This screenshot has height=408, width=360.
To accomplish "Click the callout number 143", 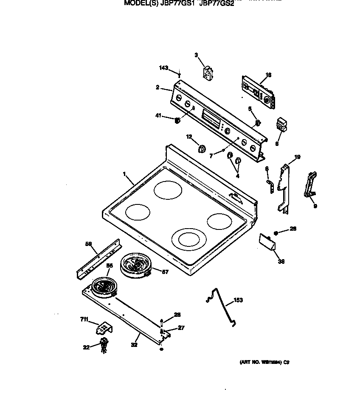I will click(163, 68).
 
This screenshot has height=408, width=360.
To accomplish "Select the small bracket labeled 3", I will click(208, 73).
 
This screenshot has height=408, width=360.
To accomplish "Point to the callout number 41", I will click(158, 116).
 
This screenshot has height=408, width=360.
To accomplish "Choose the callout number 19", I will click(297, 157).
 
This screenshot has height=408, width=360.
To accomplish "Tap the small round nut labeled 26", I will click(276, 232).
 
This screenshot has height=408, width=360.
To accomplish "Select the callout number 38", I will click(281, 262).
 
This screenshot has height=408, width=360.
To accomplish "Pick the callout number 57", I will click(165, 272).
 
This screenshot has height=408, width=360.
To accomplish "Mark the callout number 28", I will click(177, 315).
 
